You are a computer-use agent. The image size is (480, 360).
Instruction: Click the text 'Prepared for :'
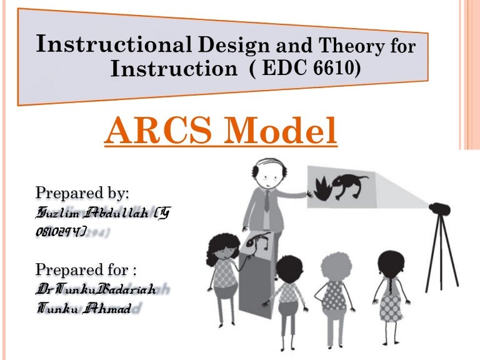click(x=86, y=270)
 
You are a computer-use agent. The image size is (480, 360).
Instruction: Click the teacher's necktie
click(x=265, y=201)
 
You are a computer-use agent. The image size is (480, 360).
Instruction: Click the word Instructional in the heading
click(x=112, y=44)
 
